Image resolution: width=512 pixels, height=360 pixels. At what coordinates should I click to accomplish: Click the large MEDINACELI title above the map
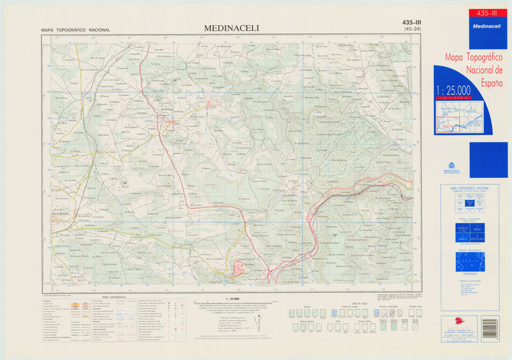[x=230, y=28]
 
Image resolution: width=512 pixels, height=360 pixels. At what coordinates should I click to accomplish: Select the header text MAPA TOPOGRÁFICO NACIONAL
[x=76, y=30]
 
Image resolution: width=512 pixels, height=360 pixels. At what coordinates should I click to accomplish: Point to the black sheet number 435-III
[x=416, y=22]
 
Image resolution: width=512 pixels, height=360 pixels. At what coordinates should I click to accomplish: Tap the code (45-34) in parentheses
[x=417, y=29]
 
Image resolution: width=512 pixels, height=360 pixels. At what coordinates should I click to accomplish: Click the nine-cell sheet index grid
[x=470, y=204]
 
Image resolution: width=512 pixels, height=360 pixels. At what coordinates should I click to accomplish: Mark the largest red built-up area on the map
[x=241, y=269]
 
